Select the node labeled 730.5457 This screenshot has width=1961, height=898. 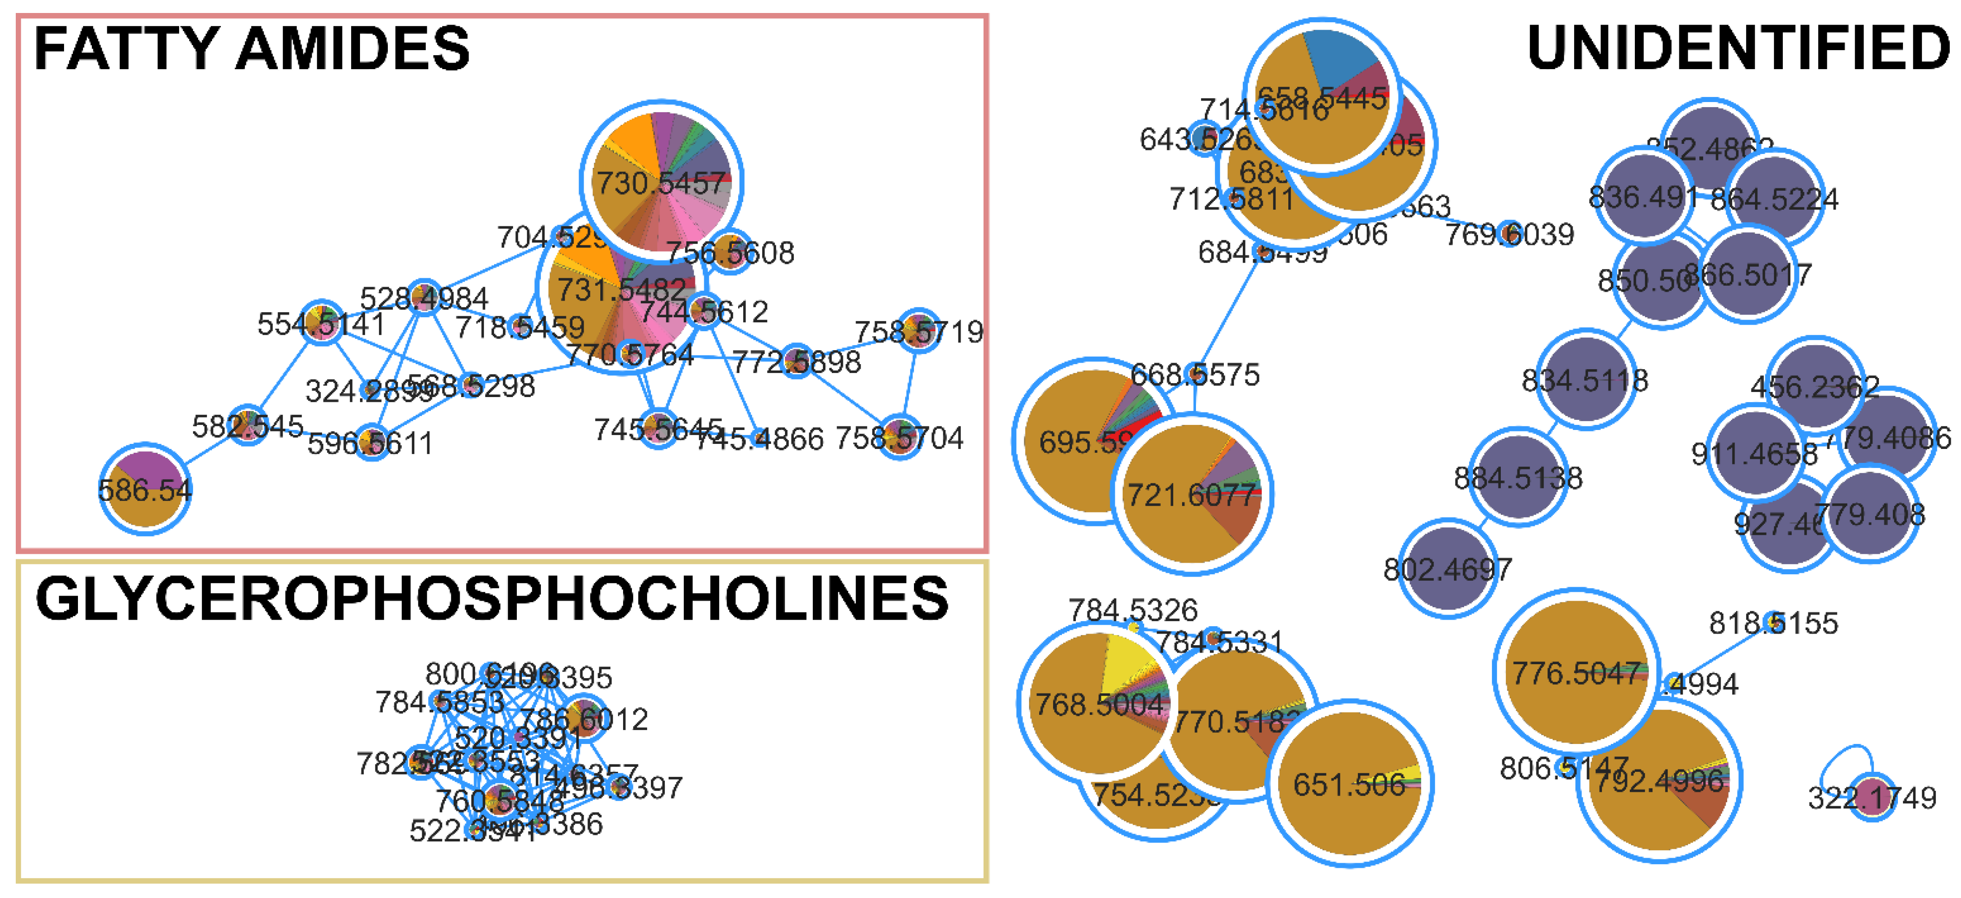tap(661, 181)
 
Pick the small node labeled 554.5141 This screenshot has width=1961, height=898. tap(322, 322)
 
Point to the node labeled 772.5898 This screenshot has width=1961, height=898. tap(796, 361)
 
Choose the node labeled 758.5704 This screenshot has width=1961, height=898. tap(900, 437)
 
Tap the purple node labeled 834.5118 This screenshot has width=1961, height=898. tap(1586, 379)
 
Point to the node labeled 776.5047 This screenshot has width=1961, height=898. tap(1576, 671)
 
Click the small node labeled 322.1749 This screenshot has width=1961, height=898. tap(1873, 797)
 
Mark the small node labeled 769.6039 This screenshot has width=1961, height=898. tap(1509, 234)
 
